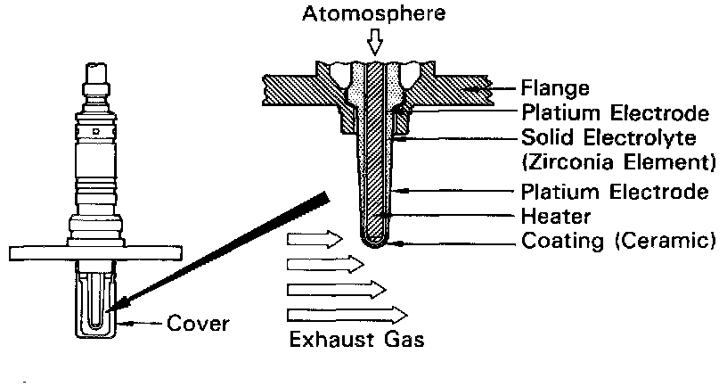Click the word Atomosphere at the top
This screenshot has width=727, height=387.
(x=373, y=14)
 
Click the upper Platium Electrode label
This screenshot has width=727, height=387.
(x=616, y=114)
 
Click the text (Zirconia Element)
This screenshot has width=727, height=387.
(x=620, y=163)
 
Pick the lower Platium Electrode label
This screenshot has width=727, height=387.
(x=616, y=192)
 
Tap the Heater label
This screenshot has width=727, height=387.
(x=553, y=217)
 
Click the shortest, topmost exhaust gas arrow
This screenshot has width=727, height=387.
(x=314, y=239)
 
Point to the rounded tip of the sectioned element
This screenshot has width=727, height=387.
(x=374, y=239)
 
